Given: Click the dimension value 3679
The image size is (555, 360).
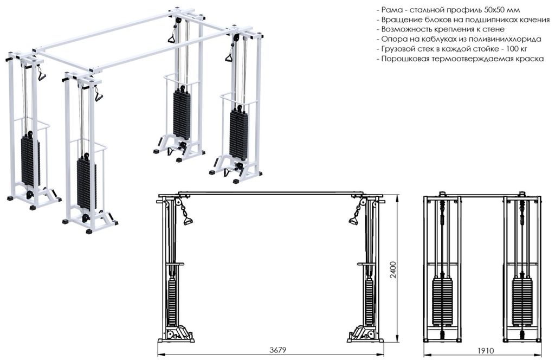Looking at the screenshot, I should [x=277, y=350].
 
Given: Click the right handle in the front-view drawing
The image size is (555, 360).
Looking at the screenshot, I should [x=353, y=218].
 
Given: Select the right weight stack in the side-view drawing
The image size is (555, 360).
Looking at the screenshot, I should [x=523, y=304].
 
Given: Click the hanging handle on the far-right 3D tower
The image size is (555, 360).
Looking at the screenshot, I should [x=228, y=57].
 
